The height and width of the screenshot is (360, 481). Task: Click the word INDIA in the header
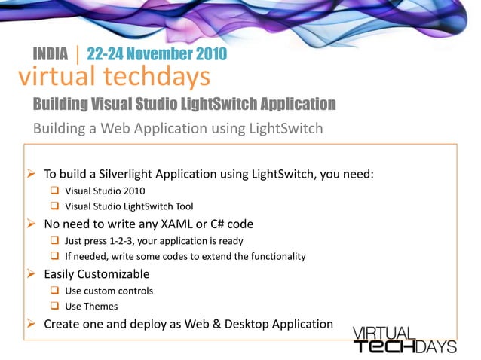(51, 54)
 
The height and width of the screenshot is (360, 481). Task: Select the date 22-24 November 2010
(157, 54)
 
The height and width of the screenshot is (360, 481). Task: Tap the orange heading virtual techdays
(114, 75)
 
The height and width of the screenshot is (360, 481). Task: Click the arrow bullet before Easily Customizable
(32, 274)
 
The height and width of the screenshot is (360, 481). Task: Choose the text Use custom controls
(109, 291)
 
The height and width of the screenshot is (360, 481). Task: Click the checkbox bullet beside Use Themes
(55, 307)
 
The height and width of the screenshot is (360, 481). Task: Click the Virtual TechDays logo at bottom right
(405, 340)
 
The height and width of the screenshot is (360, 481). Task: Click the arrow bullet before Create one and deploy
(32, 325)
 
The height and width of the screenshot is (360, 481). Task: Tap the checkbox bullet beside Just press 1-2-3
(55, 241)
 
